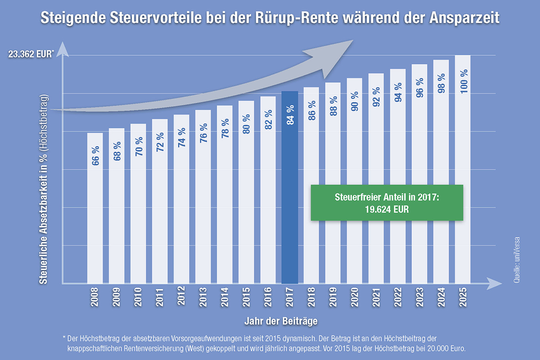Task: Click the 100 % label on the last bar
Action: coord(463,81)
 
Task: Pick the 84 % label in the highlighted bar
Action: coord(290,115)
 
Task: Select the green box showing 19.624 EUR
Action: coord(387,203)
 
